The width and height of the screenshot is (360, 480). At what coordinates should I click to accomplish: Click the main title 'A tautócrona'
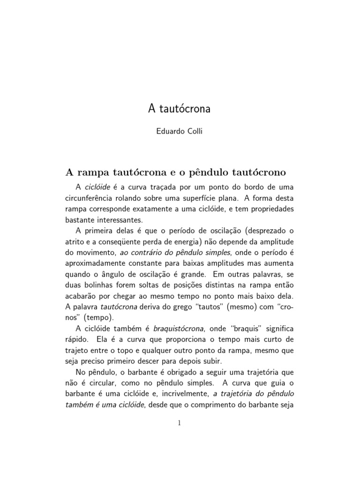[180, 109]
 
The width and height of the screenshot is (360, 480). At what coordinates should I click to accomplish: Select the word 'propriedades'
[270, 209]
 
